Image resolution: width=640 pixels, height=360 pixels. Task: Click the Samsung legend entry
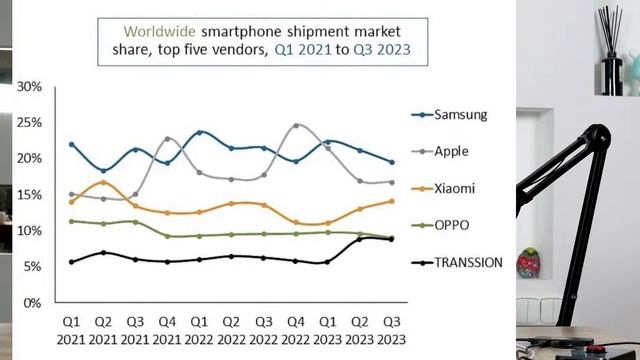pyautogui.click(x=449, y=115)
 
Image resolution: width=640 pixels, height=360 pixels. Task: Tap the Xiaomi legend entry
pyautogui.click(x=443, y=189)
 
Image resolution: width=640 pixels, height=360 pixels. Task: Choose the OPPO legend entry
pyautogui.click(x=440, y=225)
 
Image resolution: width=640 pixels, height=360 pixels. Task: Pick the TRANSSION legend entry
pyautogui.click(x=457, y=262)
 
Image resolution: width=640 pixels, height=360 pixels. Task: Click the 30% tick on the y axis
pyautogui.click(x=29, y=87)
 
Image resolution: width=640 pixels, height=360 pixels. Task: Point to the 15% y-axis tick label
pyautogui.click(x=29, y=195)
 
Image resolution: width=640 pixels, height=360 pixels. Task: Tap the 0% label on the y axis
pyautogui.click(x=32, y=303)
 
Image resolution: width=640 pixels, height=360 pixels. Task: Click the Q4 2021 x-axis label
pyautogui.click(x=167, y=331)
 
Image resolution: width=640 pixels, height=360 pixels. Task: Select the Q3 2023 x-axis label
pyautogui.click(x=391, y=331)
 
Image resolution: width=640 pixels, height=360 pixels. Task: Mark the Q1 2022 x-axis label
pyautogui.click(x=199, y=331)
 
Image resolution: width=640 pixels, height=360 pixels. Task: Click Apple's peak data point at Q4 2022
pyautogui.click(x=296, y=125)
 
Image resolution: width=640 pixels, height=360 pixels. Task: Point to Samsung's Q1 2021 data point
pyautogui.click(x=72, y=144)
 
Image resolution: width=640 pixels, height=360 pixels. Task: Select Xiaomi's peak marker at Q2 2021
pyautogui.click(x=104, y=182)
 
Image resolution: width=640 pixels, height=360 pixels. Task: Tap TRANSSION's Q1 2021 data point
pyautogui.click(x=72, y=262)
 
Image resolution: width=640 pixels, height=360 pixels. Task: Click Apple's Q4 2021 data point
pyautogui.click(x=167, y=139)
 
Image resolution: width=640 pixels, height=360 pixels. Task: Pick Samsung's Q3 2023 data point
pyautogui.click(x=392, y=162)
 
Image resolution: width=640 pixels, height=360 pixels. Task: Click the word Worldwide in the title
pyautogui.click(x=160, y=31)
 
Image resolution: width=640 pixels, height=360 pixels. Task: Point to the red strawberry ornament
pyautogui.click(x=529, y=263)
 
